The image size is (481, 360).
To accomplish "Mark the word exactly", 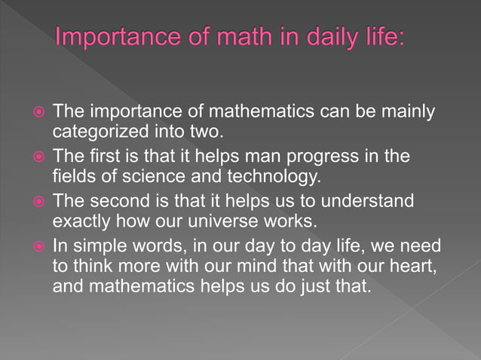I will pyautogui.click(x=82, y=223).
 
